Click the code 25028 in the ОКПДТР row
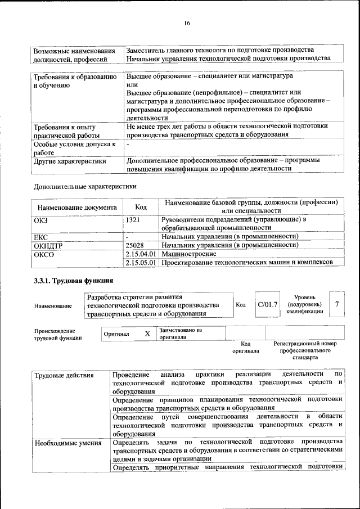[135, 245]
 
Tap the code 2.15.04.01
[141, 254]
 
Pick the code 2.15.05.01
[141, 262]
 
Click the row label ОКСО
[44, 254]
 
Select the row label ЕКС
[40, 237]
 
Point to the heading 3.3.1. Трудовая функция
[74, 280]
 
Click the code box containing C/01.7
[267, 304]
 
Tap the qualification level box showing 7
[336, 304]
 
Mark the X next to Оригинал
[147, 334]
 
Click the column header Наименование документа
[77, 206]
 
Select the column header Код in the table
[141, 206]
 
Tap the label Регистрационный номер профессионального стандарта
[304, 350]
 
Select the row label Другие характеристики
[70, 160]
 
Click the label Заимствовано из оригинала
[181, 334]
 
